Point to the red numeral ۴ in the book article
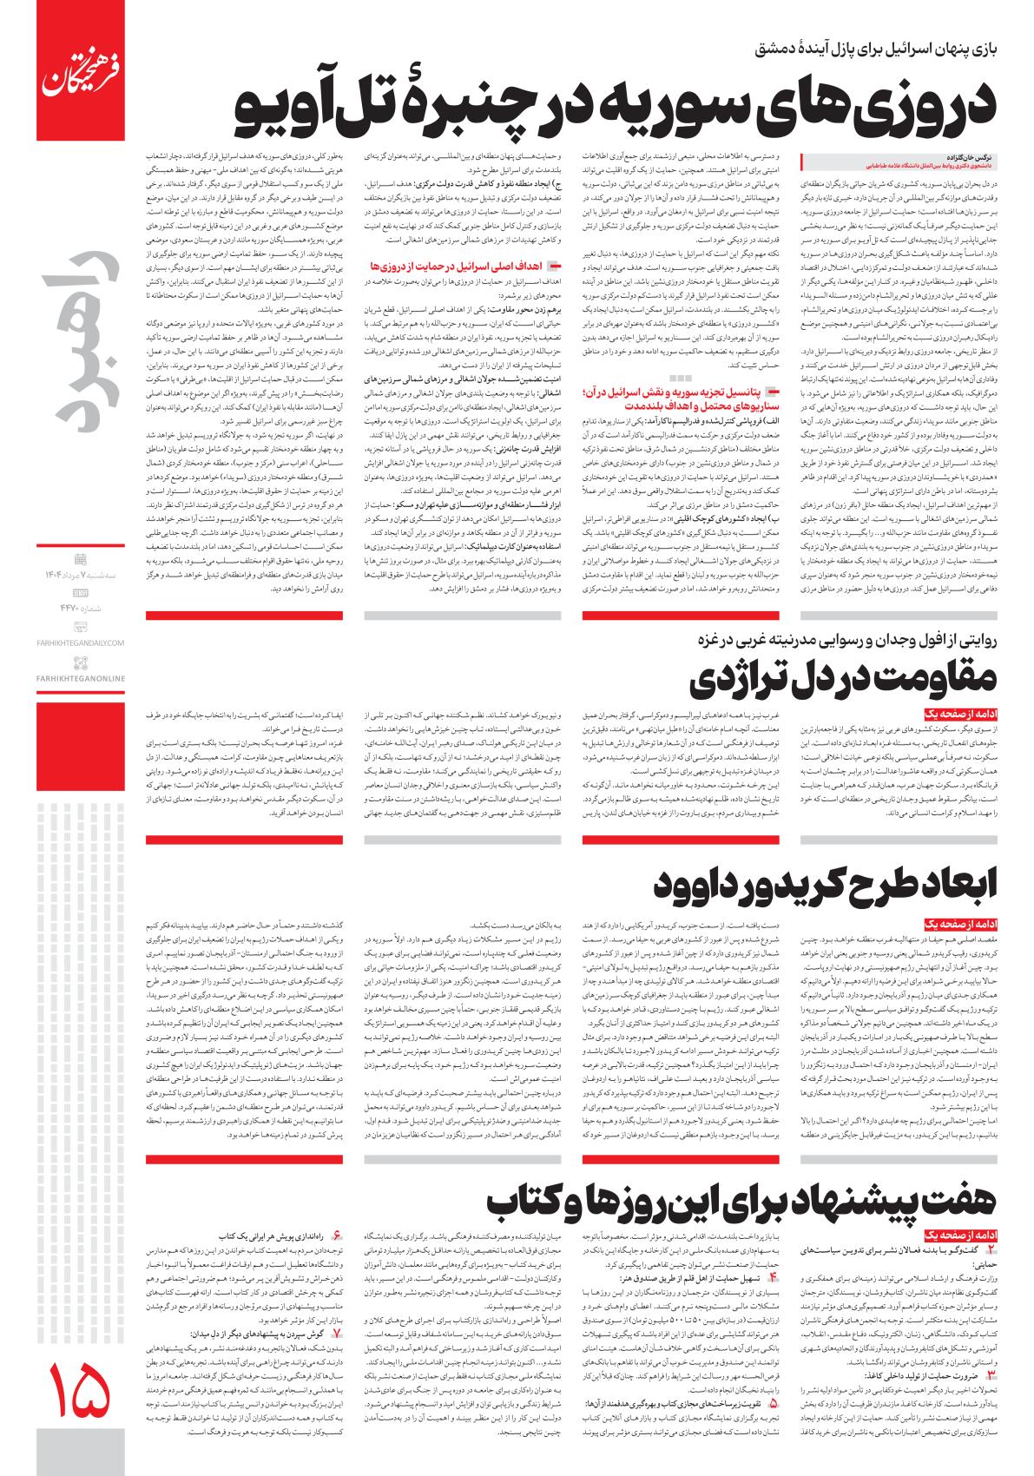[x=773, y=1278]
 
